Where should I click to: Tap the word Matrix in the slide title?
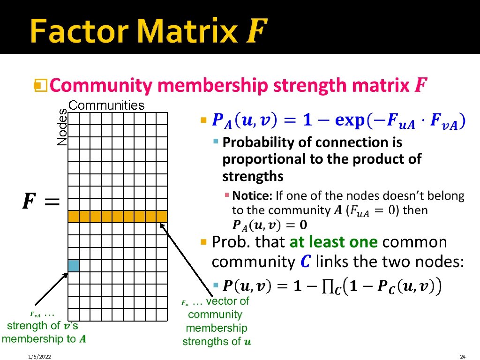[x=188, y=31]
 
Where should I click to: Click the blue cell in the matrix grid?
[x=74, y=266]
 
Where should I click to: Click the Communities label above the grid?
[x=106, y=105]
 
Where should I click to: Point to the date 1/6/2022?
[x=39, y=357]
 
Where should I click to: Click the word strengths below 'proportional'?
[x=253, y=176]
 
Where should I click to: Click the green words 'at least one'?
[x=333, y=242]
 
